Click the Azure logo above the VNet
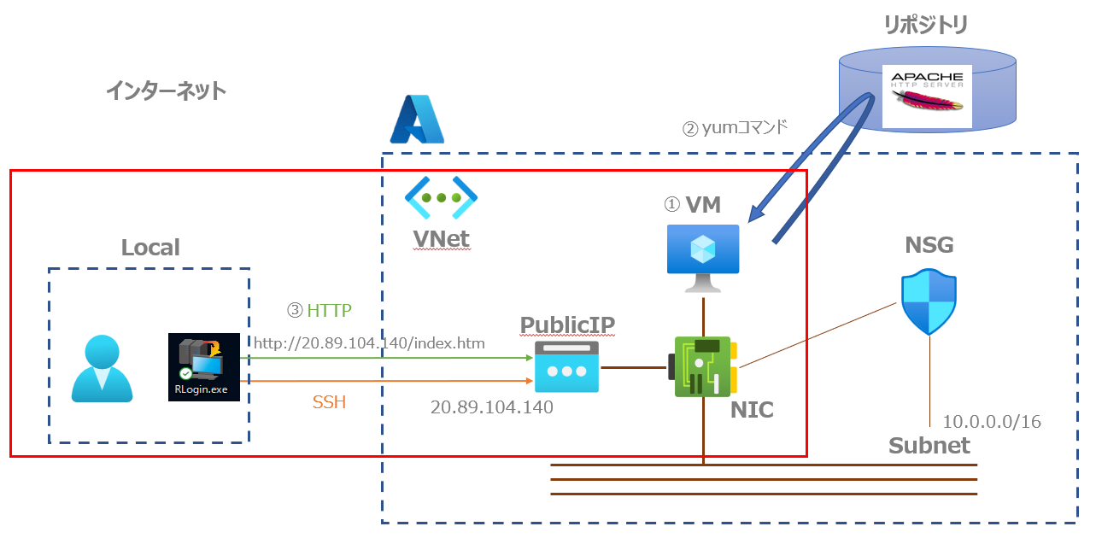(418, 119)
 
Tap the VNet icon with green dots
(441, 198)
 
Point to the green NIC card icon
(703, 366)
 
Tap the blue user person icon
(103, 368)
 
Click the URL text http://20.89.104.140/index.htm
(369, 342)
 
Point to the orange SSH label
(328, 401)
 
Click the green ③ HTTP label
(319, 309)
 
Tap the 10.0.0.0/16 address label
(991, 421)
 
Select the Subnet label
(929, 445)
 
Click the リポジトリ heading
(926, 26)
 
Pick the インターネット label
(166, 91)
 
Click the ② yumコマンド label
(734, 129)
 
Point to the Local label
(150, 248)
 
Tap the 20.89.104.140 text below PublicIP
(491, 407)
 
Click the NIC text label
(752, 410)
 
